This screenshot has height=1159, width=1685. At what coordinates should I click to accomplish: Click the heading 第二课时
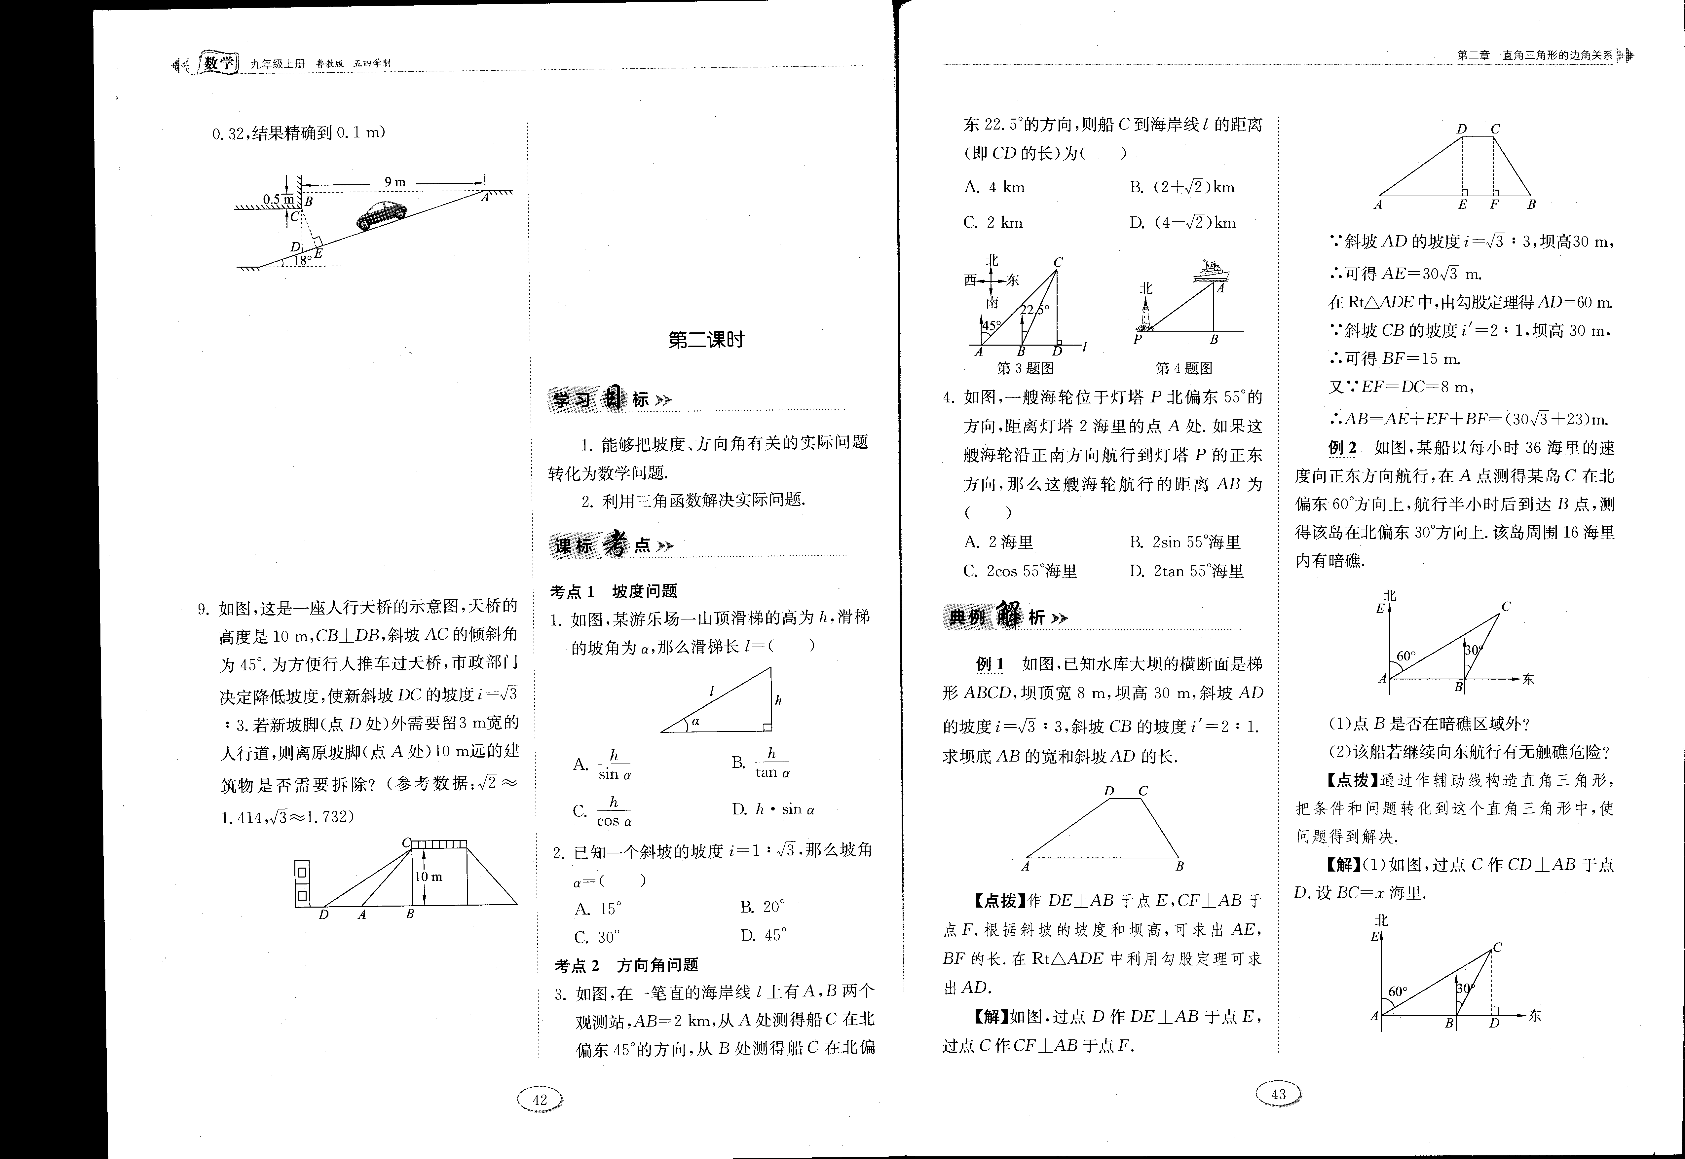pos(706,340)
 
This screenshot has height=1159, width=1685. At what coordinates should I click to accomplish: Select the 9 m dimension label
pos(395,181)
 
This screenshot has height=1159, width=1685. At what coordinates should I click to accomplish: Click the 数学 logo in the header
pos(218,64)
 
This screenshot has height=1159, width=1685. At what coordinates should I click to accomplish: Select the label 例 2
pos(1342,448)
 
